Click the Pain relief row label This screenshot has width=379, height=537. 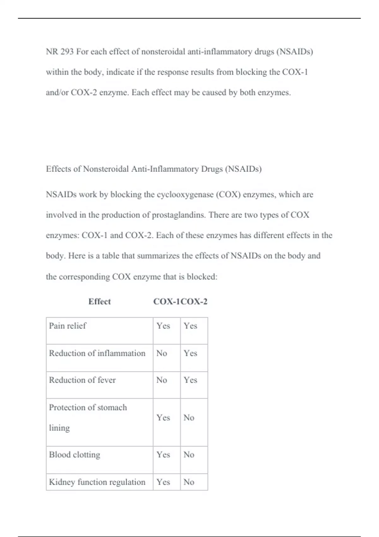coord(68,326)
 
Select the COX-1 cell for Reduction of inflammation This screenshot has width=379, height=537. coord(162,353)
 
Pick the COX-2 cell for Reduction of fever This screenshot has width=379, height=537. coord(190,380)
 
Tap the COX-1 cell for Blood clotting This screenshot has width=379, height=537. coord(163,455)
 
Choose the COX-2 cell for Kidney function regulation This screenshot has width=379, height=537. coord(189,482)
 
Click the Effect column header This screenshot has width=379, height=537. coord(99,302)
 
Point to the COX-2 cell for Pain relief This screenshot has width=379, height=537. coord(190,326)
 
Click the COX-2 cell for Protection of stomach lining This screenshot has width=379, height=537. coord(189,418)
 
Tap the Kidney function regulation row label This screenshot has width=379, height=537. coord(97,482)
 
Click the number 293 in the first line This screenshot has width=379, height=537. coord(67,51)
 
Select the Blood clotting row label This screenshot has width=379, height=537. coord(75,455)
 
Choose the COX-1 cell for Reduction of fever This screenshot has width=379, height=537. coord(162,380)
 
